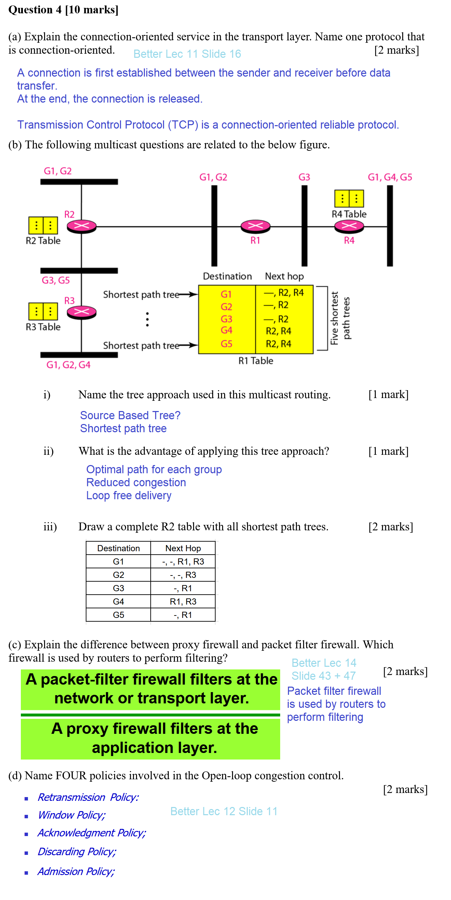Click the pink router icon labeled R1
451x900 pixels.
pyautogui.click(x=255, y=226)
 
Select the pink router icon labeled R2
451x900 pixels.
pyautogui.click(x=81, y=226)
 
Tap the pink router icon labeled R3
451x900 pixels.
pyautogui.click(x=81, y=312)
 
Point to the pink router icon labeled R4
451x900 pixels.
pyautogui.click(x=349, y=226)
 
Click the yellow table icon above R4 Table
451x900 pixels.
pyautogui.click(x=349, y=198)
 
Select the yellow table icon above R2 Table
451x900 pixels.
pyautogui.click(x=43, y=225)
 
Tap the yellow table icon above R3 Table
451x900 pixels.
pyautogui.click(x=43, y=311)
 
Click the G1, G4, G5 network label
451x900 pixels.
pyautogui.click(x=389, y=177)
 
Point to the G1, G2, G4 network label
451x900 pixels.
pyautogui.click(x=68, y=365)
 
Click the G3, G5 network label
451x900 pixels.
pyautogui.click(x=56, y=280)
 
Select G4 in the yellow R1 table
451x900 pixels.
pyautogui.click(x=226, y=330)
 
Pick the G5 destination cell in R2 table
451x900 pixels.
pyautogui.click(x=118, y=614)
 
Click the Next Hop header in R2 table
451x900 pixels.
pyautogui.click(x=183, y=548)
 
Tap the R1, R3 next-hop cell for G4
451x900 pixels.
pyautogui.click(x=183, y=601)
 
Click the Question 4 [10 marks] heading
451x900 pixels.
pyautogui.click(x=64, y=10)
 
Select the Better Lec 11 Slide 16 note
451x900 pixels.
pyautogui.click(x=187, y=54)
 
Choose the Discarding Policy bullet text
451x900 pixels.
pyautogui.click(x=77, y=851)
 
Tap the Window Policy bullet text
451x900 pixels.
pyautogui.click(x=71, y=815)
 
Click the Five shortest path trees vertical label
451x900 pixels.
pyautogui.click(x=340, y=318)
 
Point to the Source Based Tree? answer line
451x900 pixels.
pyautogui.click(x=130, y=415)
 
